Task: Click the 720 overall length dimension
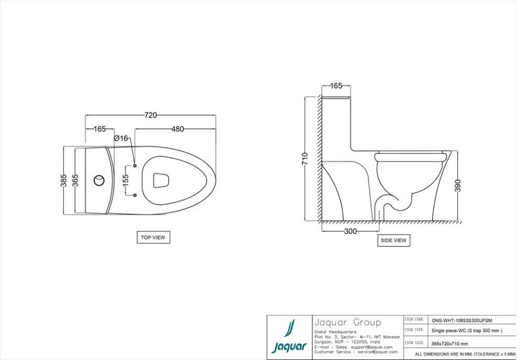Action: coord(150,115)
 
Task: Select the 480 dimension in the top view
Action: coord(177,129)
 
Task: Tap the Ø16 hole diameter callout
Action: coord(121,139)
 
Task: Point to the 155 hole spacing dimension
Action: coord(126,181)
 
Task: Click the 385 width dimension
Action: coord(64,180)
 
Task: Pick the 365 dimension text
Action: coord(76,180)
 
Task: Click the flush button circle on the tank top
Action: coord(99,180)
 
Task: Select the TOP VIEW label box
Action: coord(153,238)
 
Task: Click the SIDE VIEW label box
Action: coord(393,240)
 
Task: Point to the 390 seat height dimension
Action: coord(457,186)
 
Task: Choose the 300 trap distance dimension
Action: coord(350,232)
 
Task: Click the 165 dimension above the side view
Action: coord(336,86)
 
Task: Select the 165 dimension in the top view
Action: coord(99,129)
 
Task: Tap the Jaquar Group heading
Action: coord(347,322)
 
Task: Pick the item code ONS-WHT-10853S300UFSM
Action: coord(461,321)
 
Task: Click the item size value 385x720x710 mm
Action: coord(449,344)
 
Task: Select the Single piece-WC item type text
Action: coord(467,331)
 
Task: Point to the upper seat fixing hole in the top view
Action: coord(135,166)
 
